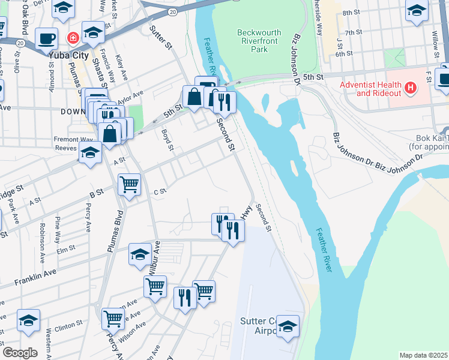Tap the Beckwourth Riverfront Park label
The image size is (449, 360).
[x=260, y=41]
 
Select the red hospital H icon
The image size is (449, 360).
[x=411, y=89]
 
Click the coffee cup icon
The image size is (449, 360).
[x=46, y=39]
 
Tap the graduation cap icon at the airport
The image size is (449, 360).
[x=288, y=327]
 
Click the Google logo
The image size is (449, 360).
[x=20, y=352]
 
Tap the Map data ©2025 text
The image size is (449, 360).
[x=423, y=355]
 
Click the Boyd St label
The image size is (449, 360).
[x=167, y=140]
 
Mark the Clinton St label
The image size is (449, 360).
[x=68, y=325]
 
